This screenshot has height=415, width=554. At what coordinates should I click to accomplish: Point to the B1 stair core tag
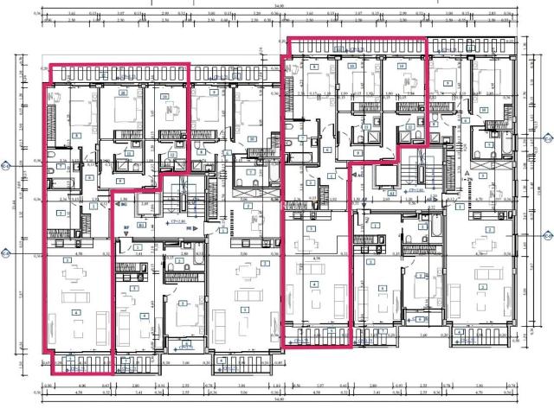(141, 224)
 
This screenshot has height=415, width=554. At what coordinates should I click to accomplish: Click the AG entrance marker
(358, 175)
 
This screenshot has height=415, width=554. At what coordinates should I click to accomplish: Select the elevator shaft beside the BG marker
(137, 206)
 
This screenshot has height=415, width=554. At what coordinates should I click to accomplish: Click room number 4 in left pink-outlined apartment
(76, 313)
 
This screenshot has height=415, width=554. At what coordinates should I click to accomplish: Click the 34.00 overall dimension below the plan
(277, 400)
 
